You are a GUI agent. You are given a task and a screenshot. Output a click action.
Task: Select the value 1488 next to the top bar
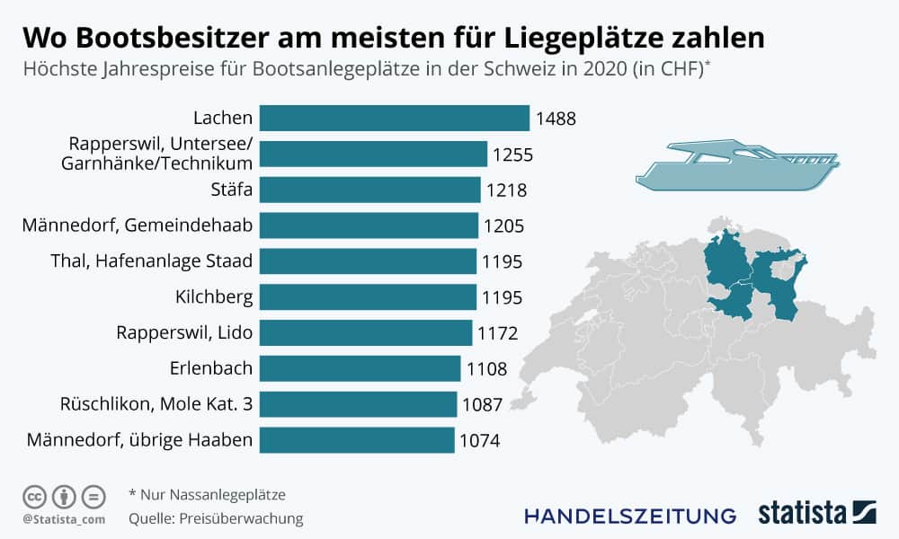point(555,119)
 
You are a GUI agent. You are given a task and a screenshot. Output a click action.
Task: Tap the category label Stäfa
point(228,190)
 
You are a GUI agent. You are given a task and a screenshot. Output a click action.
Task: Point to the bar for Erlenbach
point(360,368)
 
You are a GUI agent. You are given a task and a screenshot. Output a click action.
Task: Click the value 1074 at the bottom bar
point(479,440)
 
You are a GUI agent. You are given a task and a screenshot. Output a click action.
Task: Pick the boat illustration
point(736,165)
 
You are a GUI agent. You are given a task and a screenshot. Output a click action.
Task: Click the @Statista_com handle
point(64,518)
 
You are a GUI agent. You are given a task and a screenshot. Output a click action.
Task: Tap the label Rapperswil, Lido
point(184,332)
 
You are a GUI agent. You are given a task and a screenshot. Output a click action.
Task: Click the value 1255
point(512,155)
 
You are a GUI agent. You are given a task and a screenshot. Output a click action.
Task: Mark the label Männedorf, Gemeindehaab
point(138,225)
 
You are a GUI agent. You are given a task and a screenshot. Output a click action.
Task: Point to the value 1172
point(497,333)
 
